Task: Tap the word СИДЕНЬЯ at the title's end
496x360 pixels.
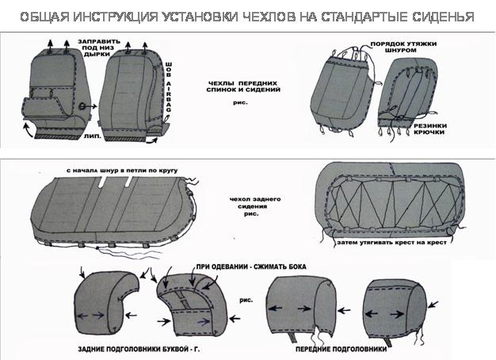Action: pyautogui.click(x=439, y=16)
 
